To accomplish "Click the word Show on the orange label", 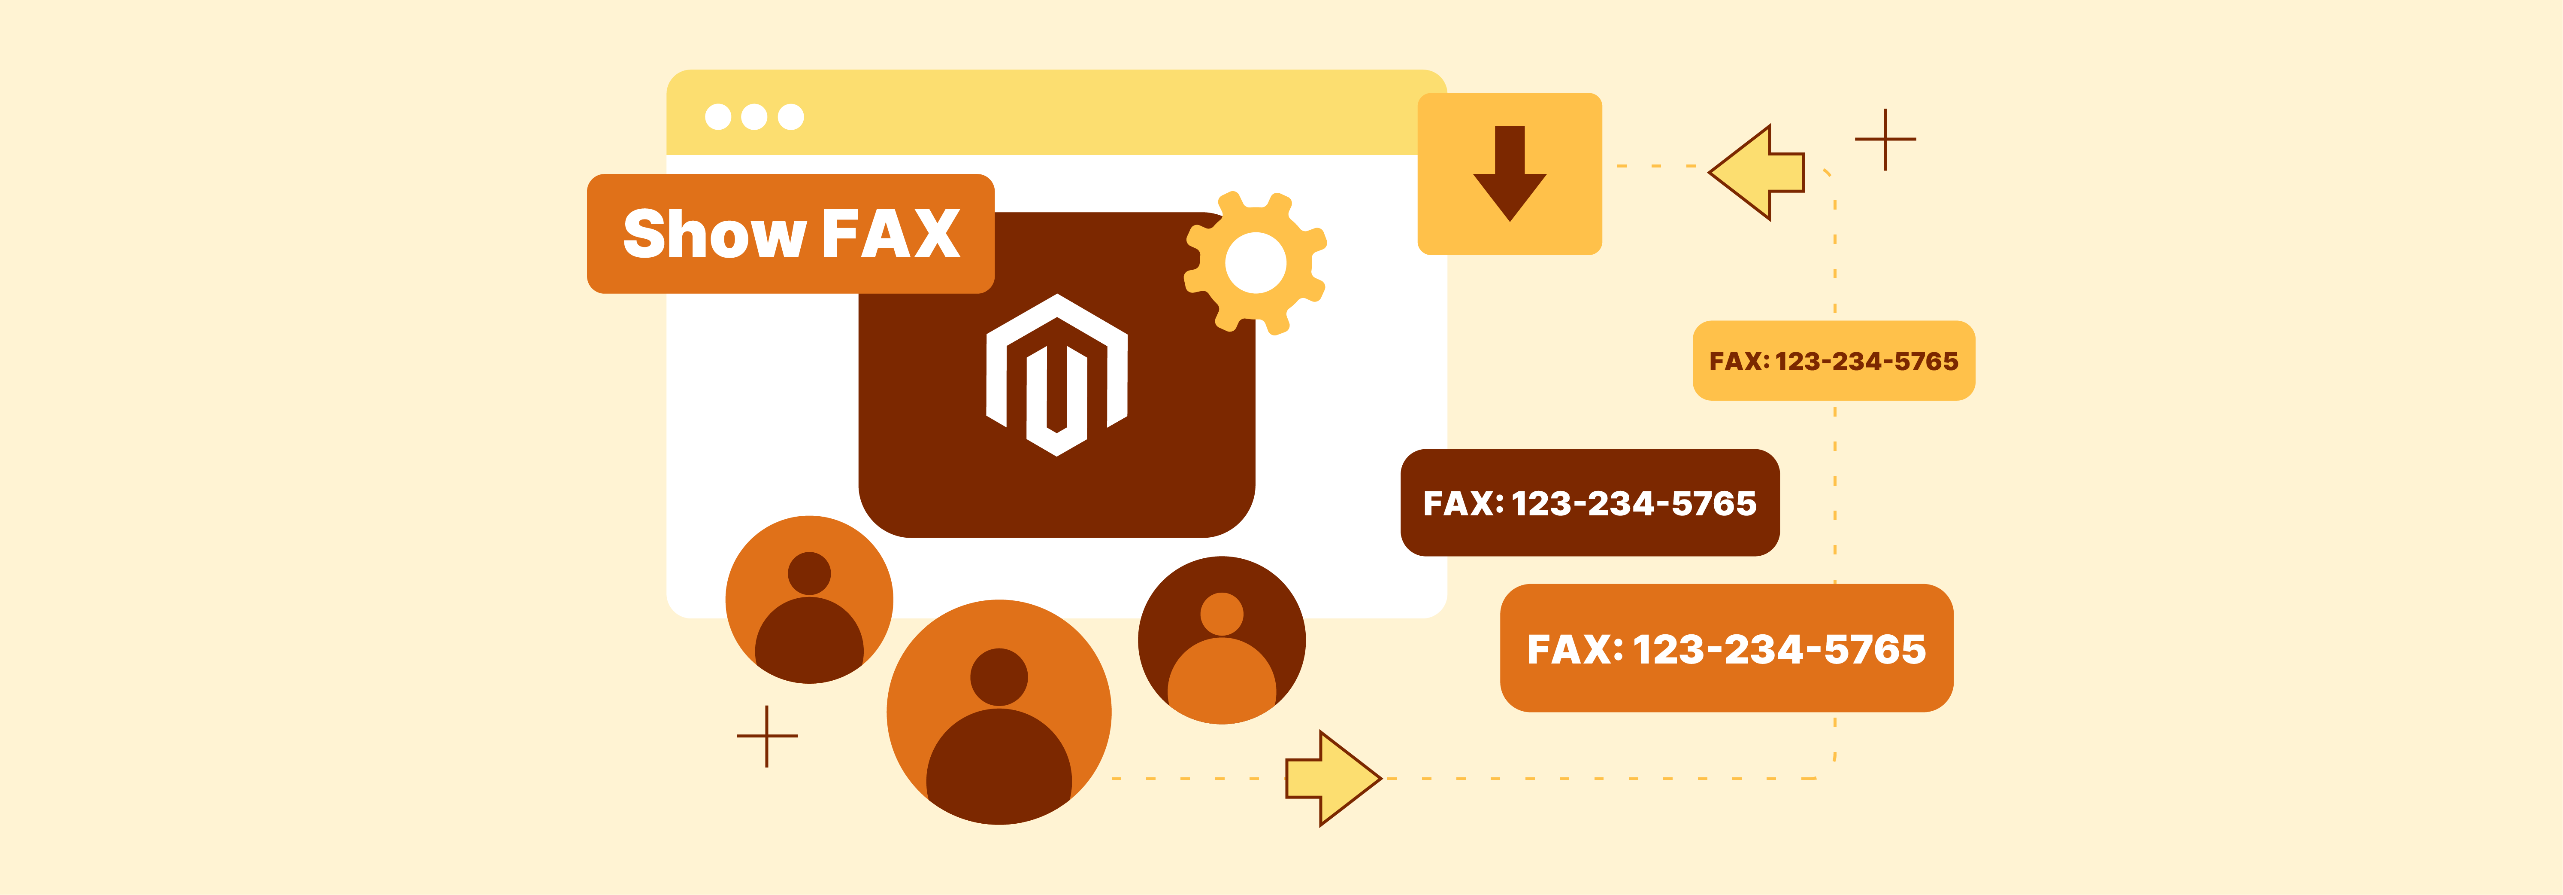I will click(x=712, y=235).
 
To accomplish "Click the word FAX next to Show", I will click(x=890, y=235).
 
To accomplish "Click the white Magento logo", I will click(x=1056, y=375).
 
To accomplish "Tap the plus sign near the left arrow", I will click(x=1885, y=140).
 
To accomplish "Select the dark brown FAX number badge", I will click(x=1589, y=503).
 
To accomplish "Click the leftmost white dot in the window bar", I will click(x=717, y=116).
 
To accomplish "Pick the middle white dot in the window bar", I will click(x=754, y=116).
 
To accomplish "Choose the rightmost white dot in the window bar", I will click(x=791, y=116).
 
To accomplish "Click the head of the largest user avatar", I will click(x=999, y=677).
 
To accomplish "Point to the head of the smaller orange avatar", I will click(x=809, y=573).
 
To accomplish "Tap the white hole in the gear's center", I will click(x=1256, y=263).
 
